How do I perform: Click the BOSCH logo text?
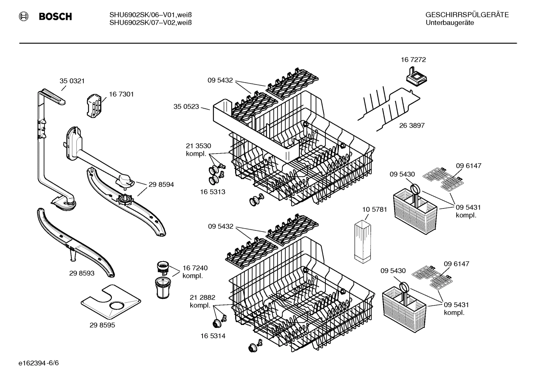[x=55, y=17]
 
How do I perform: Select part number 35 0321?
[x=72, y=81]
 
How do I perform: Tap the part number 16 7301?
[x=121, y=94]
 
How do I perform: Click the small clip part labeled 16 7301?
[x=94, y=105]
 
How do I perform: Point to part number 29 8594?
[x=161, y=184]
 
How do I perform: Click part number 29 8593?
[x=82, y=273]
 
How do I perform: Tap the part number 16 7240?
[x=195, y=268]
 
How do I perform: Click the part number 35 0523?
[x=186, y=107]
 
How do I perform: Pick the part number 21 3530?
[x=198, y=146]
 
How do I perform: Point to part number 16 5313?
[x=213, y=192]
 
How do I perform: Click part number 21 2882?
[x=202, y=297]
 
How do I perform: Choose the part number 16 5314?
[x=213, y=336]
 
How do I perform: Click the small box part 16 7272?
[x=417, y=77]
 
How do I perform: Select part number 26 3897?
[x=412, y=125]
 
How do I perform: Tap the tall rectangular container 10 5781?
[x=362, y=241]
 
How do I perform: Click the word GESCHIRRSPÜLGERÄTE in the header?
[x=467, y=15]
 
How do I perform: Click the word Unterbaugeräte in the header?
[x=449, y=23]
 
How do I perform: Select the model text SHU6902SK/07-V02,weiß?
[x=150, y=23]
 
